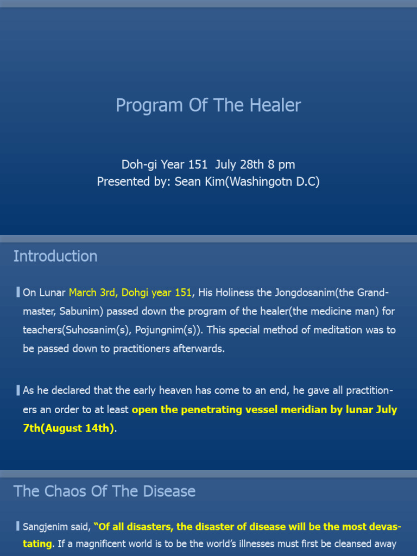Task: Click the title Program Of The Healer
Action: click(208, 105)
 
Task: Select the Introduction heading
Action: click(55, 256)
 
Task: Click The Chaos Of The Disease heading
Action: click(104, 491)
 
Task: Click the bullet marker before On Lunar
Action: click(18, 293)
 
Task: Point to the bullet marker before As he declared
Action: click(18, 390)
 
